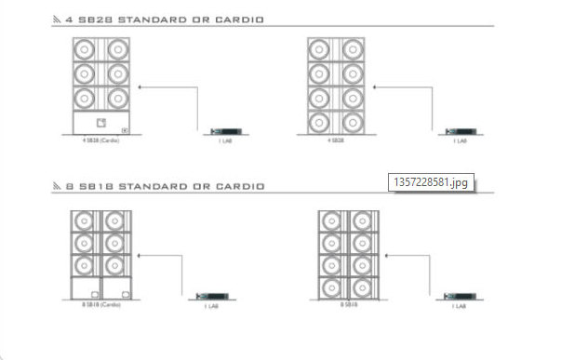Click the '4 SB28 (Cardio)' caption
[x=100, y=140]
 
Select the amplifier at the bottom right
[x=458, y=296]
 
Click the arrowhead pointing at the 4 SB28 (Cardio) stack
[x=140, y=87]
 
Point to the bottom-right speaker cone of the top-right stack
[x=352, y=122]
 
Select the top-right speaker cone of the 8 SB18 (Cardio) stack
[x=114, y=220]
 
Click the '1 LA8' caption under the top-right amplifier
[x=459, y=140]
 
